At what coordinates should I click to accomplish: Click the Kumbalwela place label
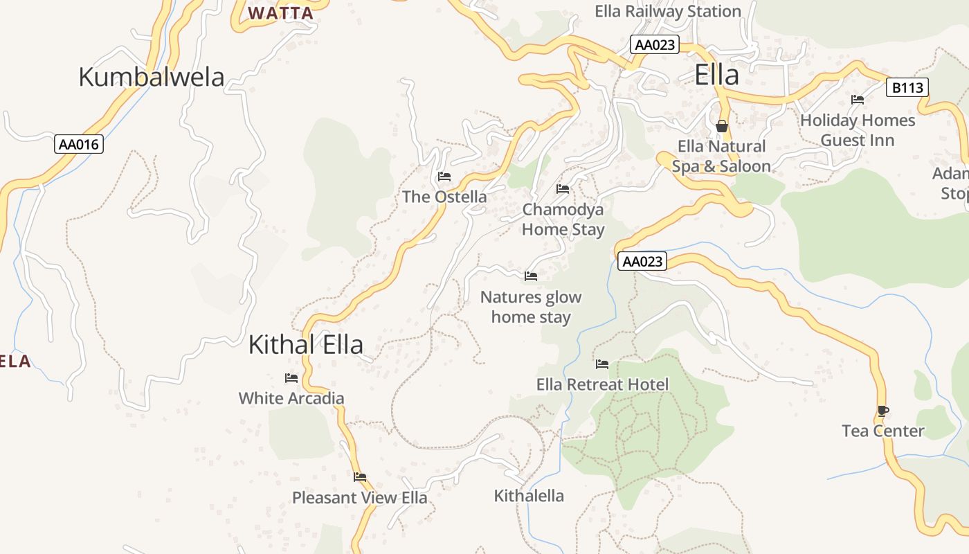coord(152,77)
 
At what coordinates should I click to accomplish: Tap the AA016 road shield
coord(80,145)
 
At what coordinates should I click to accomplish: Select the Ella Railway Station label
coord(668,12)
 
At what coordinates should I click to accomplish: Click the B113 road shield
coord(907,88)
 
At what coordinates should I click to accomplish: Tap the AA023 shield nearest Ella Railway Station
coord(655,45)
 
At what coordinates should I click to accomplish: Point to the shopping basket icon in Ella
coord(722,126)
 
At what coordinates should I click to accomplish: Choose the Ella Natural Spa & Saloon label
coord(721,157)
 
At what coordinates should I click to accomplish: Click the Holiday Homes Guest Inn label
coord(858,130)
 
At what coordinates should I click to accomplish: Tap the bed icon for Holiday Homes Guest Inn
coord(858,100)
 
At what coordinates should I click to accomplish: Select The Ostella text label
coord(444,197)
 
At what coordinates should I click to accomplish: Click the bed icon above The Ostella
coord(444,177)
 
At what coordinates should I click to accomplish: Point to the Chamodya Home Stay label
coord(563,219)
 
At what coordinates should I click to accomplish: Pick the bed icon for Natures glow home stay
coord(531,276)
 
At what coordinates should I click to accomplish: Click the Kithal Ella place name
coord(306,344)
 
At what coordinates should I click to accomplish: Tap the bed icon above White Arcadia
coord(291,378)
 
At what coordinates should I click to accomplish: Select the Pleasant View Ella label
coord(359,497)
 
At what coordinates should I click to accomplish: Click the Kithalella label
coord(529,496)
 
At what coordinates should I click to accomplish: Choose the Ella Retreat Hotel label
coord(602,384)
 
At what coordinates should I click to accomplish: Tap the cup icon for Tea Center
coord(882,411)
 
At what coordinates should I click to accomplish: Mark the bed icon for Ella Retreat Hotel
coord(602,364)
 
